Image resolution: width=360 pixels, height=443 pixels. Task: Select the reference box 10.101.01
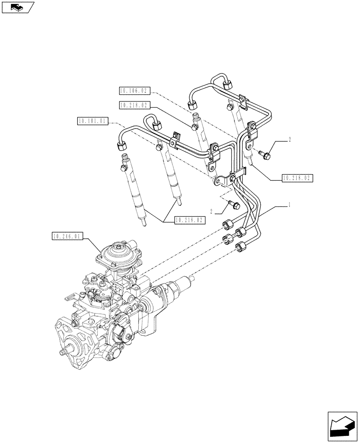(x=92, y=120)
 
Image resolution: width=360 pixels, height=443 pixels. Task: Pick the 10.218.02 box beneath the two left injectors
(x=190, y=220)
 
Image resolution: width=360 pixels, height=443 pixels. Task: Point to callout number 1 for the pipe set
(x=290, y=205)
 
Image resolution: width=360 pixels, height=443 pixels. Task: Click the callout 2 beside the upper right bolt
(x=290, y=140)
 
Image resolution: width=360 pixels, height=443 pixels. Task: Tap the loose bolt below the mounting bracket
(x=234, y=204)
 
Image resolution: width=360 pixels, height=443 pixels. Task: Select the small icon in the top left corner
(x=17, y=7)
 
